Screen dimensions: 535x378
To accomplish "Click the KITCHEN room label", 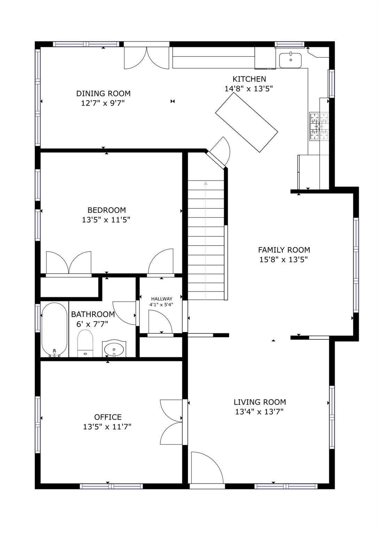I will click(x=249, y=79).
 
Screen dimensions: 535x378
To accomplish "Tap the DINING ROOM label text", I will click(x=103, y=93).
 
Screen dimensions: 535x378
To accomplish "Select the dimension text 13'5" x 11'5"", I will click(x=106, y=220).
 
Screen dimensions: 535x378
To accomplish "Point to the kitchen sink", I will click(x=290, y=60).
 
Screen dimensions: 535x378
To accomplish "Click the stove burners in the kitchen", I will click(x=319, y=126).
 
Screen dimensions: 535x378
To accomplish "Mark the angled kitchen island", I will click(x=246, y=123).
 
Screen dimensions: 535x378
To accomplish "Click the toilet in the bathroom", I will click(x=85, y=343).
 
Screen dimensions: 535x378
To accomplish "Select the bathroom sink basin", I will click(x=114, y=349).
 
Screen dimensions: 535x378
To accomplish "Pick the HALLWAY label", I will click(x=162, y=299).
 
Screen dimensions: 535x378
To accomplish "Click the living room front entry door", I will click(x=207, y=468).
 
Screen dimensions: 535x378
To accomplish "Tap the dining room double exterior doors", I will click(x=147, y=57).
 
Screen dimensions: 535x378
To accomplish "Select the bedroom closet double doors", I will click(x=69, y=263).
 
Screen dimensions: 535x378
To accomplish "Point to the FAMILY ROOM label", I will click(x=284, y=250).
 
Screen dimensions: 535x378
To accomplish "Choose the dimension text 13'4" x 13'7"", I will click(x=259, y=412).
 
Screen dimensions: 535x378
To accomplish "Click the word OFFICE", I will click(x=108, y=417).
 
